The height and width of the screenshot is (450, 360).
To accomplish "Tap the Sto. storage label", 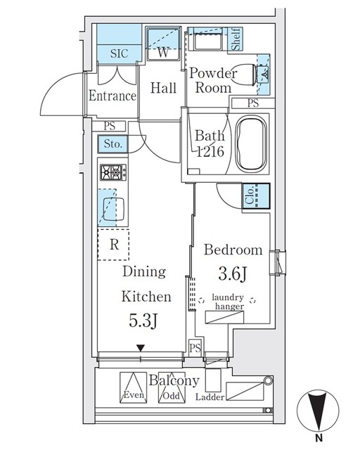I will pos(113,144).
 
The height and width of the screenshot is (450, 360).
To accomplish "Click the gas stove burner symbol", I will pos(112,173).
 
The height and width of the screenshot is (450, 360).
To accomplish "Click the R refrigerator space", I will pos(112,245).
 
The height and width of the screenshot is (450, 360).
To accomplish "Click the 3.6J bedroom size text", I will pos(233,274).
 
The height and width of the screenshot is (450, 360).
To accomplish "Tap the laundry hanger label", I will pos(230,302).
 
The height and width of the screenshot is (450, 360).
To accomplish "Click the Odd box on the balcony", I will pos(169,387).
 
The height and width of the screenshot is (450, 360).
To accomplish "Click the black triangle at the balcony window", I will pos(141,347).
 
